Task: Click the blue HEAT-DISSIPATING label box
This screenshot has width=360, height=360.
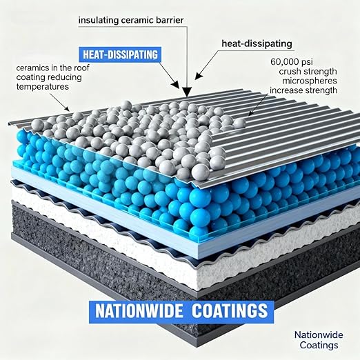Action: (120, 54)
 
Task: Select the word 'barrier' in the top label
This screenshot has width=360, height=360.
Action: (170, 20)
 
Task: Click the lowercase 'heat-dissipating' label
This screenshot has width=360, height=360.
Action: (257, 43)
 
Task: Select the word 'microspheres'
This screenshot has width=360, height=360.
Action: (310, 81)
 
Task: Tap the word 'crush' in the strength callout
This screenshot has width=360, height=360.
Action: (291, 71)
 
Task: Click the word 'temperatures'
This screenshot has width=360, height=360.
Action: (43, 87)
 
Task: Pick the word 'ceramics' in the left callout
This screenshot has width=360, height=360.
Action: (32, 68)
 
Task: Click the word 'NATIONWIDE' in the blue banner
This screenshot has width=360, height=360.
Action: (139, 311)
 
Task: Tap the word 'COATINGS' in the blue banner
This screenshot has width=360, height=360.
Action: (230, 311)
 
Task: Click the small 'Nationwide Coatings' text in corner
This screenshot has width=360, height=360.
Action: (319, 340)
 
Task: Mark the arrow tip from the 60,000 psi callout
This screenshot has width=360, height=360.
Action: (249, 114)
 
